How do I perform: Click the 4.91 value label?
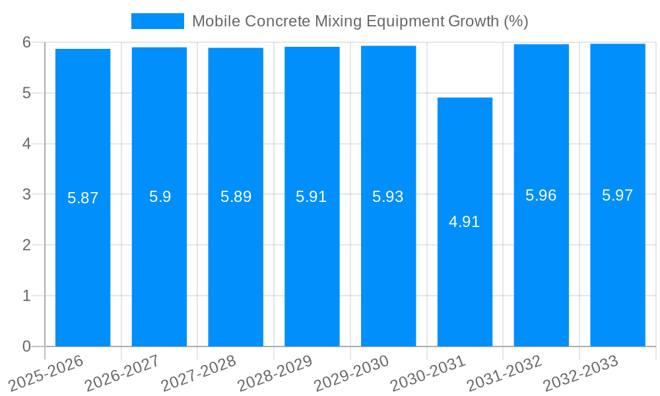pyautogui.click(x=464, y=222)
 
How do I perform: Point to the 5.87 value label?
pyautogui.click(x=82, y=197)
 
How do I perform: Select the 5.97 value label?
pyautogui.click(x=617, y=195)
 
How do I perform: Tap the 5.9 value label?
pyautogui.click(x=160, y=197)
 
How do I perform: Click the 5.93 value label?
pyautogui.click(x=387, y=197)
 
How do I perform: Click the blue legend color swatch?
pyautogui.click(x=157, y=21)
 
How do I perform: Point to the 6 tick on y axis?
pyautogui.click(x=26, y=42)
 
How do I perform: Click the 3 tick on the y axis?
pyautogui.click(x=26, y=195)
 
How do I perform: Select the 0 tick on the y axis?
pyautogui.click(x=26, y=346)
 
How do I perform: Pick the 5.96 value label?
pyautogui.click(x=541, y=195)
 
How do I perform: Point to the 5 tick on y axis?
pyautogui.click(x=26, y=93)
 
